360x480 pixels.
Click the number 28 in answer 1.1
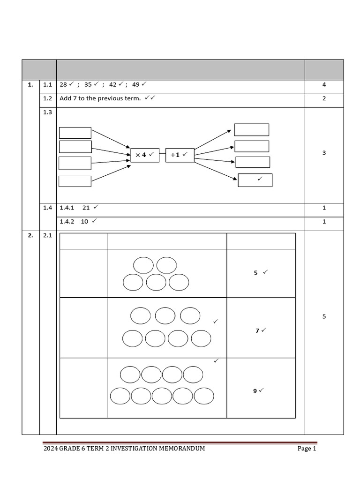click(x=63, y=85)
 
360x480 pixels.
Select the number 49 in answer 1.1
click(x=136, y=85)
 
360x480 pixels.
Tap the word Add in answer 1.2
click(x=65, y=98)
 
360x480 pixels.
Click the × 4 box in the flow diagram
click(x=145, y=155)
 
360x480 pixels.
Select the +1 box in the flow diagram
click(x=180, y=155)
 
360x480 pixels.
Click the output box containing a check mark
click(x=255, y=180)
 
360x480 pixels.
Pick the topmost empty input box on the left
click(x=75, y=133)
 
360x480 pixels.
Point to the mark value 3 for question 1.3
click(x=324, y=153)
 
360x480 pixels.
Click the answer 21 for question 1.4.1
click(x=86, y=207)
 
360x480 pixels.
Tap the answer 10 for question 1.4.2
click(x=84, y=221)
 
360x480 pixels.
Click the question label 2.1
click(x=47, y=236)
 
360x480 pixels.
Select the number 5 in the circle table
click(x=255, y=272)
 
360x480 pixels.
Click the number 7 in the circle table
click(x=257, y=330)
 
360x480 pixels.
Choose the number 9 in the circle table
click(x=255, y=390)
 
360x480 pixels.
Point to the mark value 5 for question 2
click(x=324, y=316)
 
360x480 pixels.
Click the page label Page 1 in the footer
click(x=307, y=449)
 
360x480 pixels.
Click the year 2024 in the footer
click(x=50, y=449)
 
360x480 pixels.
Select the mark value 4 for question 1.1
click(x=324, y=85)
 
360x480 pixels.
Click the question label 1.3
click(x=47, y=112)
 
